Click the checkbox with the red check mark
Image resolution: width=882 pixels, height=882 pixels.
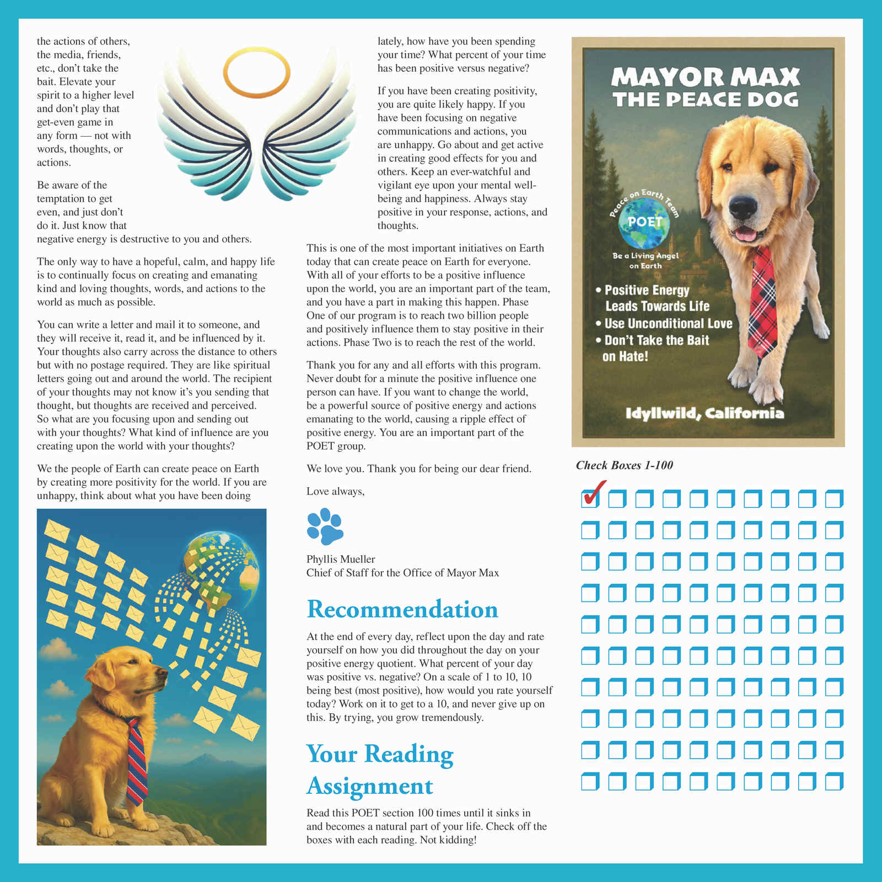[590, 498]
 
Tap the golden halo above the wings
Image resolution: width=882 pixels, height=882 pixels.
[256, 72]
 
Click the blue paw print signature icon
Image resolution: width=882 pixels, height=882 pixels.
[325, 527]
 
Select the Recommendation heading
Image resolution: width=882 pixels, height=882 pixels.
[402, 609]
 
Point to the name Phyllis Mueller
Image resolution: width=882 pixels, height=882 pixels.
[341, 559]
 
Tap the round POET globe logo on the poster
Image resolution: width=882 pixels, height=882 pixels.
[644, 222]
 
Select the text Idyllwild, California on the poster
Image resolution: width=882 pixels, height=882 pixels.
[704, 413]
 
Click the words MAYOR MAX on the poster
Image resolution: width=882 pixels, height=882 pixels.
[706, 77]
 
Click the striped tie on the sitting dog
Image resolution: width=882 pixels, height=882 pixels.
[136, 761]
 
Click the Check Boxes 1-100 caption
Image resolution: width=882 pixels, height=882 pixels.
[625, 465]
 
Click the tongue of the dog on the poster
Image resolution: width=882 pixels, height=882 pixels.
[747, 234]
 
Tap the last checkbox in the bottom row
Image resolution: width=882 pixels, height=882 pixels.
[834, 782]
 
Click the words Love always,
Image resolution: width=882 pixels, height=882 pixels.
[335, 491]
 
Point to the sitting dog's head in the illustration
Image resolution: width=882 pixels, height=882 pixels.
[132, 673]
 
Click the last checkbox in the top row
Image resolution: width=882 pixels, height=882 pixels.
[834, 499]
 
